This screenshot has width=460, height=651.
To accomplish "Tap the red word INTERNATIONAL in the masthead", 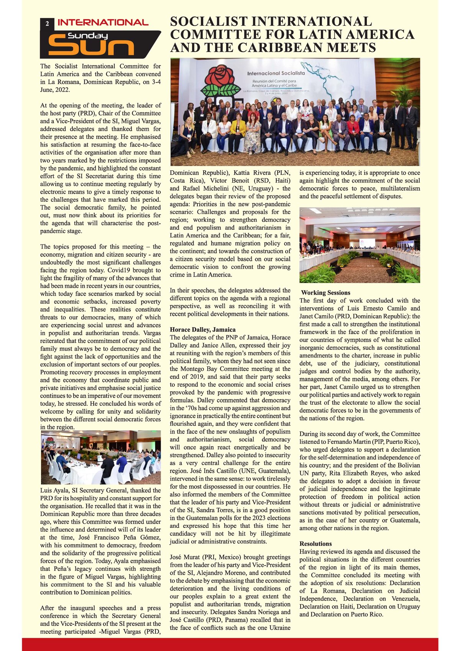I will coord(103,23).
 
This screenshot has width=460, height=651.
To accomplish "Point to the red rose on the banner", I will coord(219,77).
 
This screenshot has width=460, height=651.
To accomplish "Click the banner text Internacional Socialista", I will coord(276,73).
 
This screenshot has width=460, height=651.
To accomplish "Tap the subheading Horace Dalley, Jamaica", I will coord(203,330).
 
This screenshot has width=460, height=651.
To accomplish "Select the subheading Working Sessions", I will coord(325,293).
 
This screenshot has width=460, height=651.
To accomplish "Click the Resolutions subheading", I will coord(315,544).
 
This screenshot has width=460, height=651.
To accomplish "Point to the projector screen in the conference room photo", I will coord(366,243).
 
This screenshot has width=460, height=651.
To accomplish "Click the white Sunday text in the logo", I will coord(87,36).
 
